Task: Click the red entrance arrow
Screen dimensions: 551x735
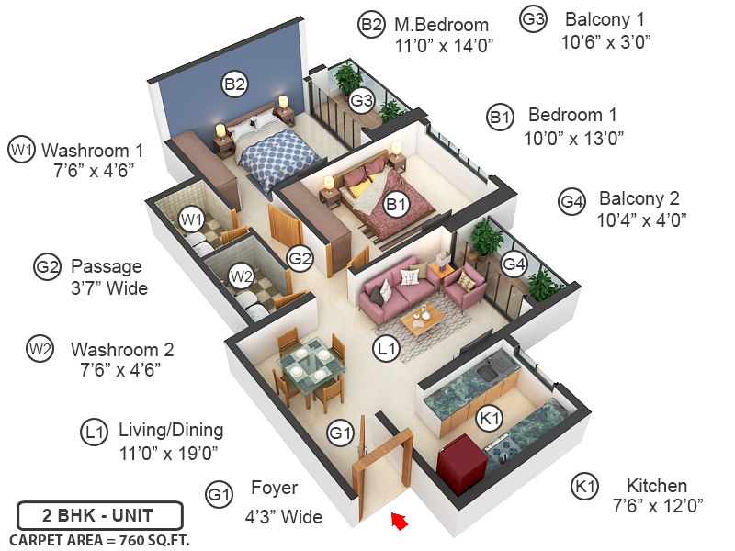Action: tap(398, 521)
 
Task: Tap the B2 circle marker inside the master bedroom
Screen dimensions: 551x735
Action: tap(235, 84)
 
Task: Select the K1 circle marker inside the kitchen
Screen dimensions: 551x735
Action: tap(490, 418)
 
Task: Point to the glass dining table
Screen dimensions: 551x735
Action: tap(308, 367)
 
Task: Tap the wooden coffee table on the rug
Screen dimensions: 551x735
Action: tap(423, 318)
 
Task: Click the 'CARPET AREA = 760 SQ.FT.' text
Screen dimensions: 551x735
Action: tap(99, 540)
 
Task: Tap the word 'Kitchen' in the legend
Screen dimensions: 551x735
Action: tap(656, 486)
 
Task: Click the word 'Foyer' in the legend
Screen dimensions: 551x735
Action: tap(274, 489)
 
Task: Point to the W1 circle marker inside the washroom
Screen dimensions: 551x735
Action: tap(191, 219)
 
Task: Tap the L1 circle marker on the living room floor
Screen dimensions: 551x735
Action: tap(385, 348)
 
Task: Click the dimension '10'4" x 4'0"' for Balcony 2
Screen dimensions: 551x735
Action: tap(641, 220)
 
